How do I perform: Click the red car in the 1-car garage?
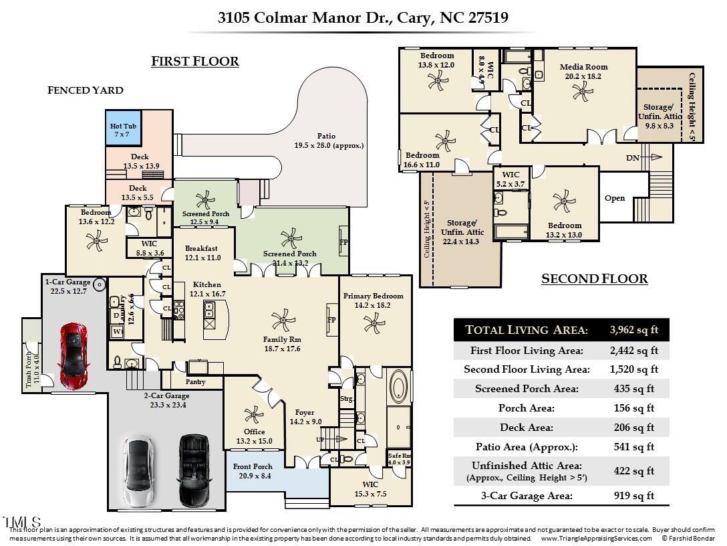[x=74, y=356]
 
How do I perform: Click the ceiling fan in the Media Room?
[x=583, y=91]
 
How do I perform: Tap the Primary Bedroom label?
[x=373, y=296]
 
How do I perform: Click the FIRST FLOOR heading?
[x=194, y=62]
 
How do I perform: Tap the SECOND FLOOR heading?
[x=594, y=279]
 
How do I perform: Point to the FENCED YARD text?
[x=85, y=90]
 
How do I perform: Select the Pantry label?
[x=196, y=382]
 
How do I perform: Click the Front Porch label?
[x=253, y=466]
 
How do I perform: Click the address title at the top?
[x=363, y=17]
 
